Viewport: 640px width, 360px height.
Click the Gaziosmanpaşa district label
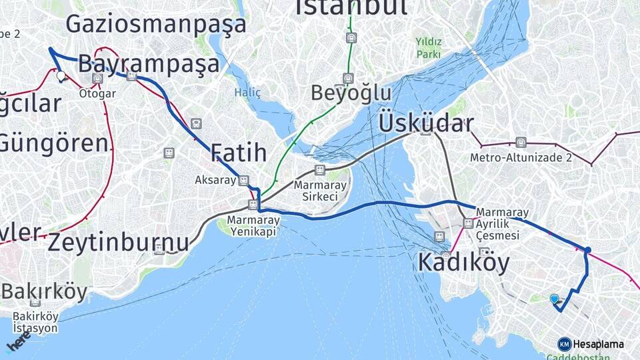tap(156, 25)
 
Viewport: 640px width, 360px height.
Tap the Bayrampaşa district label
tap(149, 65)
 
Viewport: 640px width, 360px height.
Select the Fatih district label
tap(239, 153)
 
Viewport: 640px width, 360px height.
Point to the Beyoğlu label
tap(351, 93)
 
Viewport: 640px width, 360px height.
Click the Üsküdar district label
tap(426, 123)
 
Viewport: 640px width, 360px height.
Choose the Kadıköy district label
tap(463, 262)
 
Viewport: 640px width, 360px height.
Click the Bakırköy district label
tap(44, 292)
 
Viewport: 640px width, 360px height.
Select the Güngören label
tap(53, 143)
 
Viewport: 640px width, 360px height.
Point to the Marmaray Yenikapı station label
tap(253, 225)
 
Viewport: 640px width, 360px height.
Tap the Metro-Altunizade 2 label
tap(521, 158)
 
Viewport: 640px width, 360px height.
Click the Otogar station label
tap(97, 93)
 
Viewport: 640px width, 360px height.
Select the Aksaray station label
tap(215, 180)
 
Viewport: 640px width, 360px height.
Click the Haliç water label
tap(247, 93)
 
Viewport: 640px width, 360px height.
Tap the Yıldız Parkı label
tap(429, 47)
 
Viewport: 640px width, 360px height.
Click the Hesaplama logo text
tap(598, 344)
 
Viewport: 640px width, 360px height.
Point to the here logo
tap(18, 343)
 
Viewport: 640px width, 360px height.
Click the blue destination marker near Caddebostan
tap(554, 299)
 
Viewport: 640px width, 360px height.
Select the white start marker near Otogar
tap(62, 77)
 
